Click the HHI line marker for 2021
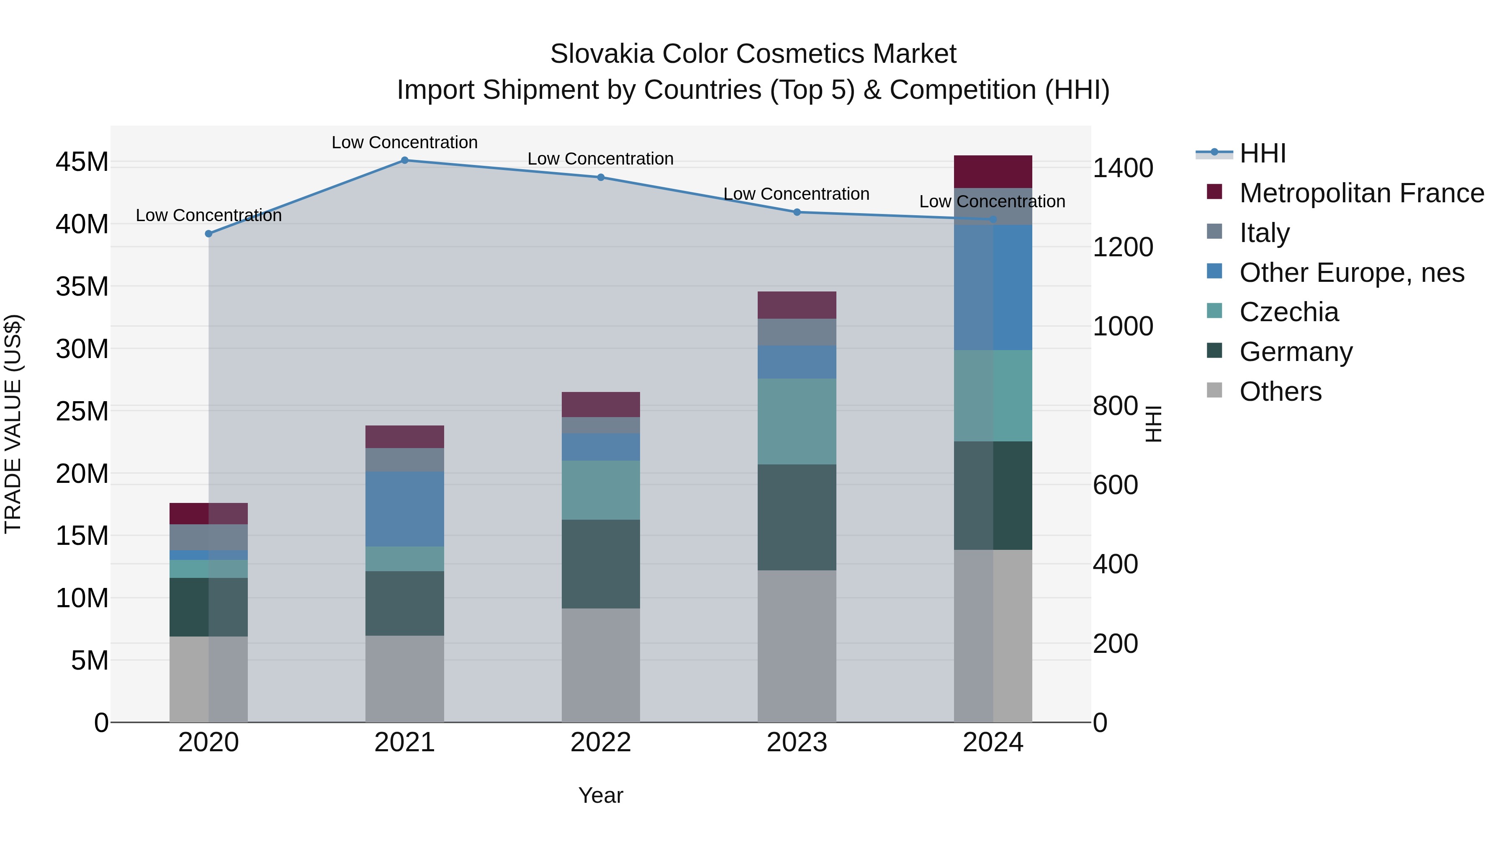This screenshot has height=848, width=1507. pos(404,160)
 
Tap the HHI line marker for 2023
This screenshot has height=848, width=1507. pos(796,212)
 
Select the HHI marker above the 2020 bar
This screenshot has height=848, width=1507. pos(208,234)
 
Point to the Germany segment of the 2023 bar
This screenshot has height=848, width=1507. pos(796,517)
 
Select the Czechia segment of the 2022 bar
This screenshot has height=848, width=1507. pos(600,490)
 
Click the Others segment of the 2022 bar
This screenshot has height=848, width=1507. pos(600,665)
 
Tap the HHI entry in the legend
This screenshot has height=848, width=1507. pos(1263,153)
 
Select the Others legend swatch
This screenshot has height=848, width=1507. pos(1214,390)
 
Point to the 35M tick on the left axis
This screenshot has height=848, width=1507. pos(82,287)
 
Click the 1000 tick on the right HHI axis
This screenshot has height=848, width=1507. pos(1123,327)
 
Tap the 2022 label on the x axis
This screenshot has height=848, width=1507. pos(600,742)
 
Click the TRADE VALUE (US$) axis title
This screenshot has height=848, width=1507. pos(13,424)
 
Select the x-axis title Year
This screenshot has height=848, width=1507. pos(600,795)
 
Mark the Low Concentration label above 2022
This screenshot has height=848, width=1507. pos(600,159)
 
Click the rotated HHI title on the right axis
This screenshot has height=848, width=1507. pos(1153,424)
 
